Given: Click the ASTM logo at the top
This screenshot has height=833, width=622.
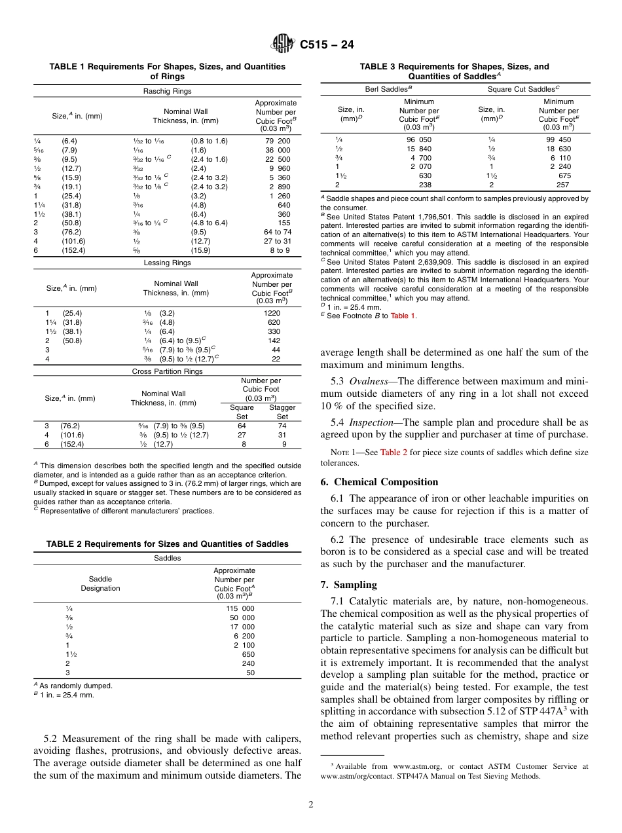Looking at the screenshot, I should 283,45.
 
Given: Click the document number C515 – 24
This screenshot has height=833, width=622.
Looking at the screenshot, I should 327,45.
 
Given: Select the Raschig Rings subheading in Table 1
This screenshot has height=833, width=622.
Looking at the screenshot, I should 167,91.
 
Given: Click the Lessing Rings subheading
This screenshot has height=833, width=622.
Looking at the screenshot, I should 167,263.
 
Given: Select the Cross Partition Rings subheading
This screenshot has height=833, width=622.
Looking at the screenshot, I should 167,371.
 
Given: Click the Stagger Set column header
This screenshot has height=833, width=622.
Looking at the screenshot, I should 282,412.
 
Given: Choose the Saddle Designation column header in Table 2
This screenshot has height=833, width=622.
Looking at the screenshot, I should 100,583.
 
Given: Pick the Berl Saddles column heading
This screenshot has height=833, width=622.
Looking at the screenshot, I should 388,88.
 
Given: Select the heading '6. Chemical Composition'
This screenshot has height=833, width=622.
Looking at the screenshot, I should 379,482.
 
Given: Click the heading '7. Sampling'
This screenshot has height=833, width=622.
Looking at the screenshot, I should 348,584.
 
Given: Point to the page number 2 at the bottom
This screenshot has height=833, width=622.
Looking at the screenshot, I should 311,805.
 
